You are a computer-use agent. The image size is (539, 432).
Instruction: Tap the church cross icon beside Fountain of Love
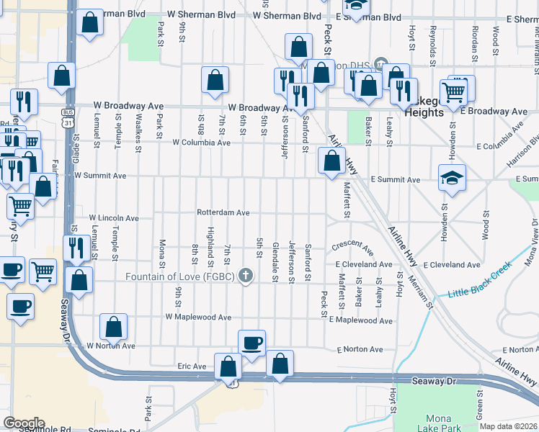(x=246, y=276)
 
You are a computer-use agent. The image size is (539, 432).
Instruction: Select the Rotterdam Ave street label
(x=223, y=212)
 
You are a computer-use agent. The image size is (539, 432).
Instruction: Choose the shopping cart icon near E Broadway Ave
(x=453, y=91)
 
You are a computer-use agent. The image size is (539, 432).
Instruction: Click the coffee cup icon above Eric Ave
(x=251, y=343)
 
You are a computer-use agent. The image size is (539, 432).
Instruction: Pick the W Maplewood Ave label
(x=198, y=317)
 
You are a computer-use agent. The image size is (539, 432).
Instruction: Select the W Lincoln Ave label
(x=114, y=217)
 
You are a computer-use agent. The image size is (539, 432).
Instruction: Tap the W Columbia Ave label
(x=201, y=143)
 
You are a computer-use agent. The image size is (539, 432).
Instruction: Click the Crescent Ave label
(x=353, y=248)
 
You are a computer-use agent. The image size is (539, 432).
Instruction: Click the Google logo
(x=24, y=423)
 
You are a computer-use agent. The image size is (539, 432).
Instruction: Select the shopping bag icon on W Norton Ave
(x=115, y=327)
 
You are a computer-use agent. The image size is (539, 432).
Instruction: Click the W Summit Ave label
(x=101, y=176)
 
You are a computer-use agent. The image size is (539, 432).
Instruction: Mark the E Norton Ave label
(x=360, y=350)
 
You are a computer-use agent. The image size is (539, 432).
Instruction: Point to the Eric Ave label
(x=192, y=366)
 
